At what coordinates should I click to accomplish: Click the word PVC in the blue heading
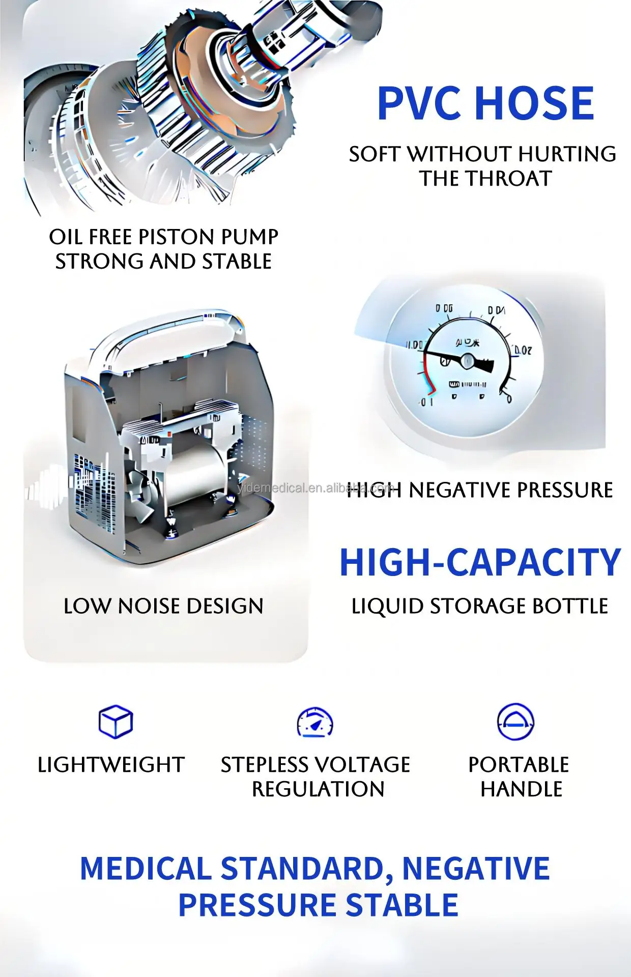pyautogui.click(x=421, y=103)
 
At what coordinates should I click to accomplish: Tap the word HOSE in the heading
pyautogui.click(x=535, y=103)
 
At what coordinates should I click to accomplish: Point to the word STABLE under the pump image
pyautogui.click(x=237, y=262)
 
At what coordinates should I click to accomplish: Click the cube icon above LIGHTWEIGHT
pyautogui.click(x=116, y=722)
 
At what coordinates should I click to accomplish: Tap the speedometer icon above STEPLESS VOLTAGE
pyautogui.click(x=315, y=722)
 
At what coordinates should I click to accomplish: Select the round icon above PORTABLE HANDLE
pyautogui.click(x=515, y=722)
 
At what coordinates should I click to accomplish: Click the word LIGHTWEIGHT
pyautogui.click(x=111, y=765)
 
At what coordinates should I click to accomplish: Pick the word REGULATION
pyautogui.click(x=318, y=789)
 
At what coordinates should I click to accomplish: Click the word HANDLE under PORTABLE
pyautogui.click(x=521, y=789)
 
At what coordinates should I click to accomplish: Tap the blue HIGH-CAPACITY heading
pyautogui.click(x=480, y=563)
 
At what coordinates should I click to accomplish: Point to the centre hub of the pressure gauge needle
pyautogui.click(x=467, y=361)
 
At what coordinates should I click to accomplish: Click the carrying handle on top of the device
pyautogui.click(x=168, y=331)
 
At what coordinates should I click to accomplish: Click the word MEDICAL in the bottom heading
pyautogui.click(x=146, y=869)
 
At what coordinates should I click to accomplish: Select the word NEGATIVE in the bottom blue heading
pyautogui.click(x=476, y=869)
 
